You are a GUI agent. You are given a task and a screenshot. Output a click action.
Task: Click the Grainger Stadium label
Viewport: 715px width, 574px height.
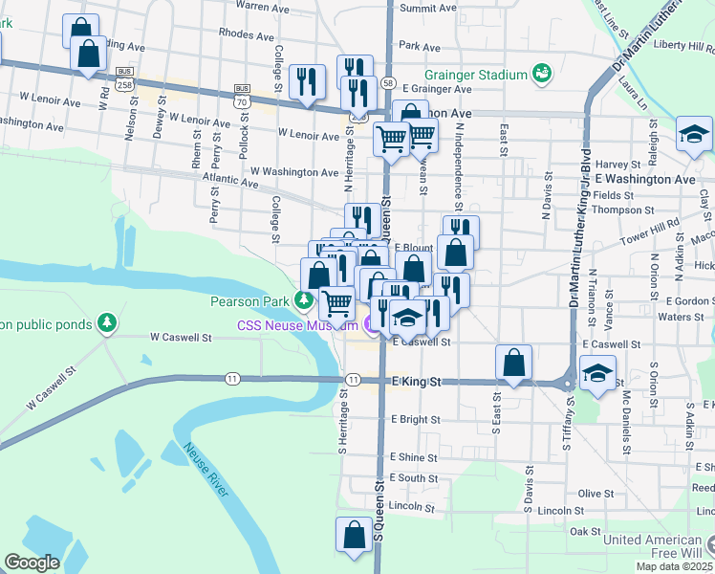point(478,74)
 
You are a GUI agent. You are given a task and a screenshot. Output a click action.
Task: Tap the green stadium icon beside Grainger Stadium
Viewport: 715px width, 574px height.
point(542,73)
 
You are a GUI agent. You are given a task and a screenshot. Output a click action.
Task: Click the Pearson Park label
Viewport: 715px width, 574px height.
point(249,302)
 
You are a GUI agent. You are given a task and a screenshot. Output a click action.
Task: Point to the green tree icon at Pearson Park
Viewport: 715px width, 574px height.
point(305,301)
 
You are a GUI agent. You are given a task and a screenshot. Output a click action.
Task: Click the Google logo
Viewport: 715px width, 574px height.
point(32,563)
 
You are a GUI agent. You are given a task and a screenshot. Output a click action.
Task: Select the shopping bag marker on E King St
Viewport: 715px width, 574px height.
point(514,364)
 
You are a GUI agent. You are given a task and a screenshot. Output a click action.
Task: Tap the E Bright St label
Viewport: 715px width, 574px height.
point(415,419)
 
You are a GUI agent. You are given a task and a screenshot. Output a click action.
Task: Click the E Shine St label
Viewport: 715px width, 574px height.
point(413,458)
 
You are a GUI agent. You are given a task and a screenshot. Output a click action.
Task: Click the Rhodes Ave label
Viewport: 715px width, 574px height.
point(242,32)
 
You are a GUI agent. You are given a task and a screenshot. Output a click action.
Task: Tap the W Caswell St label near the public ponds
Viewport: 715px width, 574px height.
point(181,338)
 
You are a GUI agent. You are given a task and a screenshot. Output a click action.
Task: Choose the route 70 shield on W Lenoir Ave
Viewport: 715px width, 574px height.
point(243,100)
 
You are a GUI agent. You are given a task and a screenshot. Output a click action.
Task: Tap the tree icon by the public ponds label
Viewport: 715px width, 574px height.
point(108,323)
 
